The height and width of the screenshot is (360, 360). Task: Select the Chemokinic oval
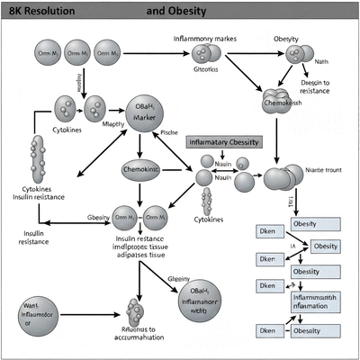147,169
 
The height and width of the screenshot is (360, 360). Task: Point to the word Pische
171,132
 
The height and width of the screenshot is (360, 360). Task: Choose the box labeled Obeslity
313,273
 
